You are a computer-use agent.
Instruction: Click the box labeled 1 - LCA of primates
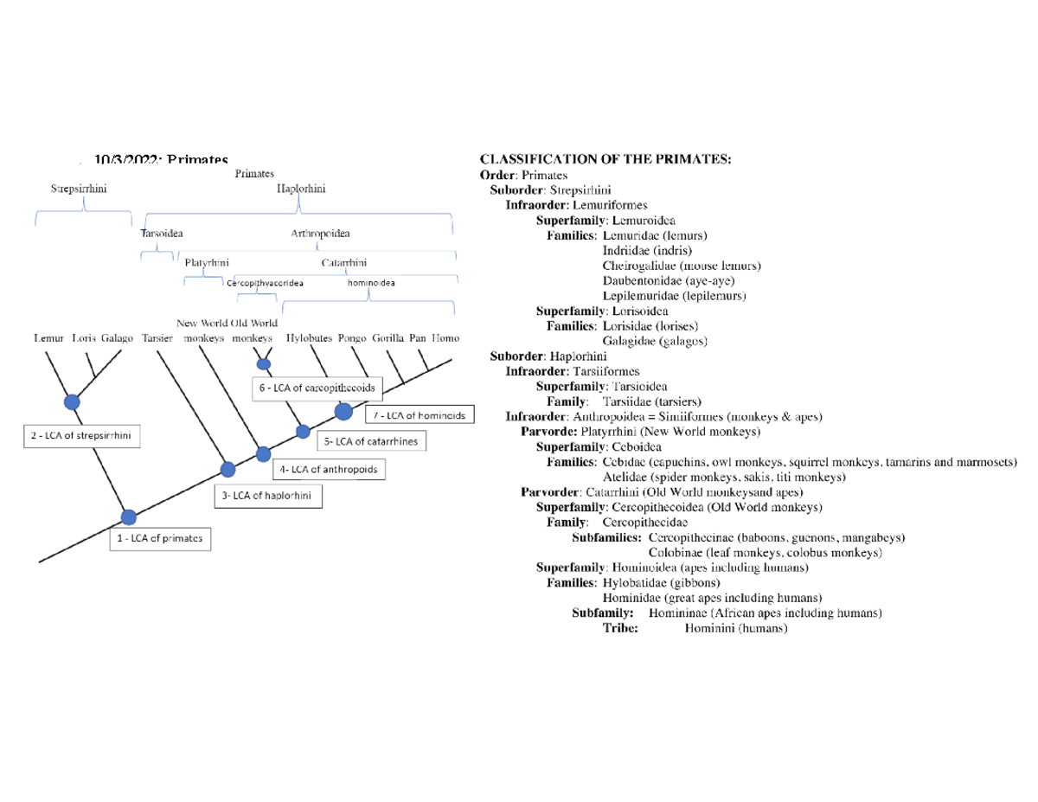161,538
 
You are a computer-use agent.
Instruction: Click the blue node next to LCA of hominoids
343,410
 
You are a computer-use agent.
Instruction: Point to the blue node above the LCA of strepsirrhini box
72,401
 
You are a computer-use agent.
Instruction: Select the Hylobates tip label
309,338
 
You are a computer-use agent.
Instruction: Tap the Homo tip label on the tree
445,338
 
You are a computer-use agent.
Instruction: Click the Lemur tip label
48,338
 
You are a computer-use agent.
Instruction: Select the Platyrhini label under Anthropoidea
207,262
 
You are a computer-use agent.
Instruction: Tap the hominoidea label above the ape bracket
370,283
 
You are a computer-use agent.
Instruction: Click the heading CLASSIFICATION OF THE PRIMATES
605,159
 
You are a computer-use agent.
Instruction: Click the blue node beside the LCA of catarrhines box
303,432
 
